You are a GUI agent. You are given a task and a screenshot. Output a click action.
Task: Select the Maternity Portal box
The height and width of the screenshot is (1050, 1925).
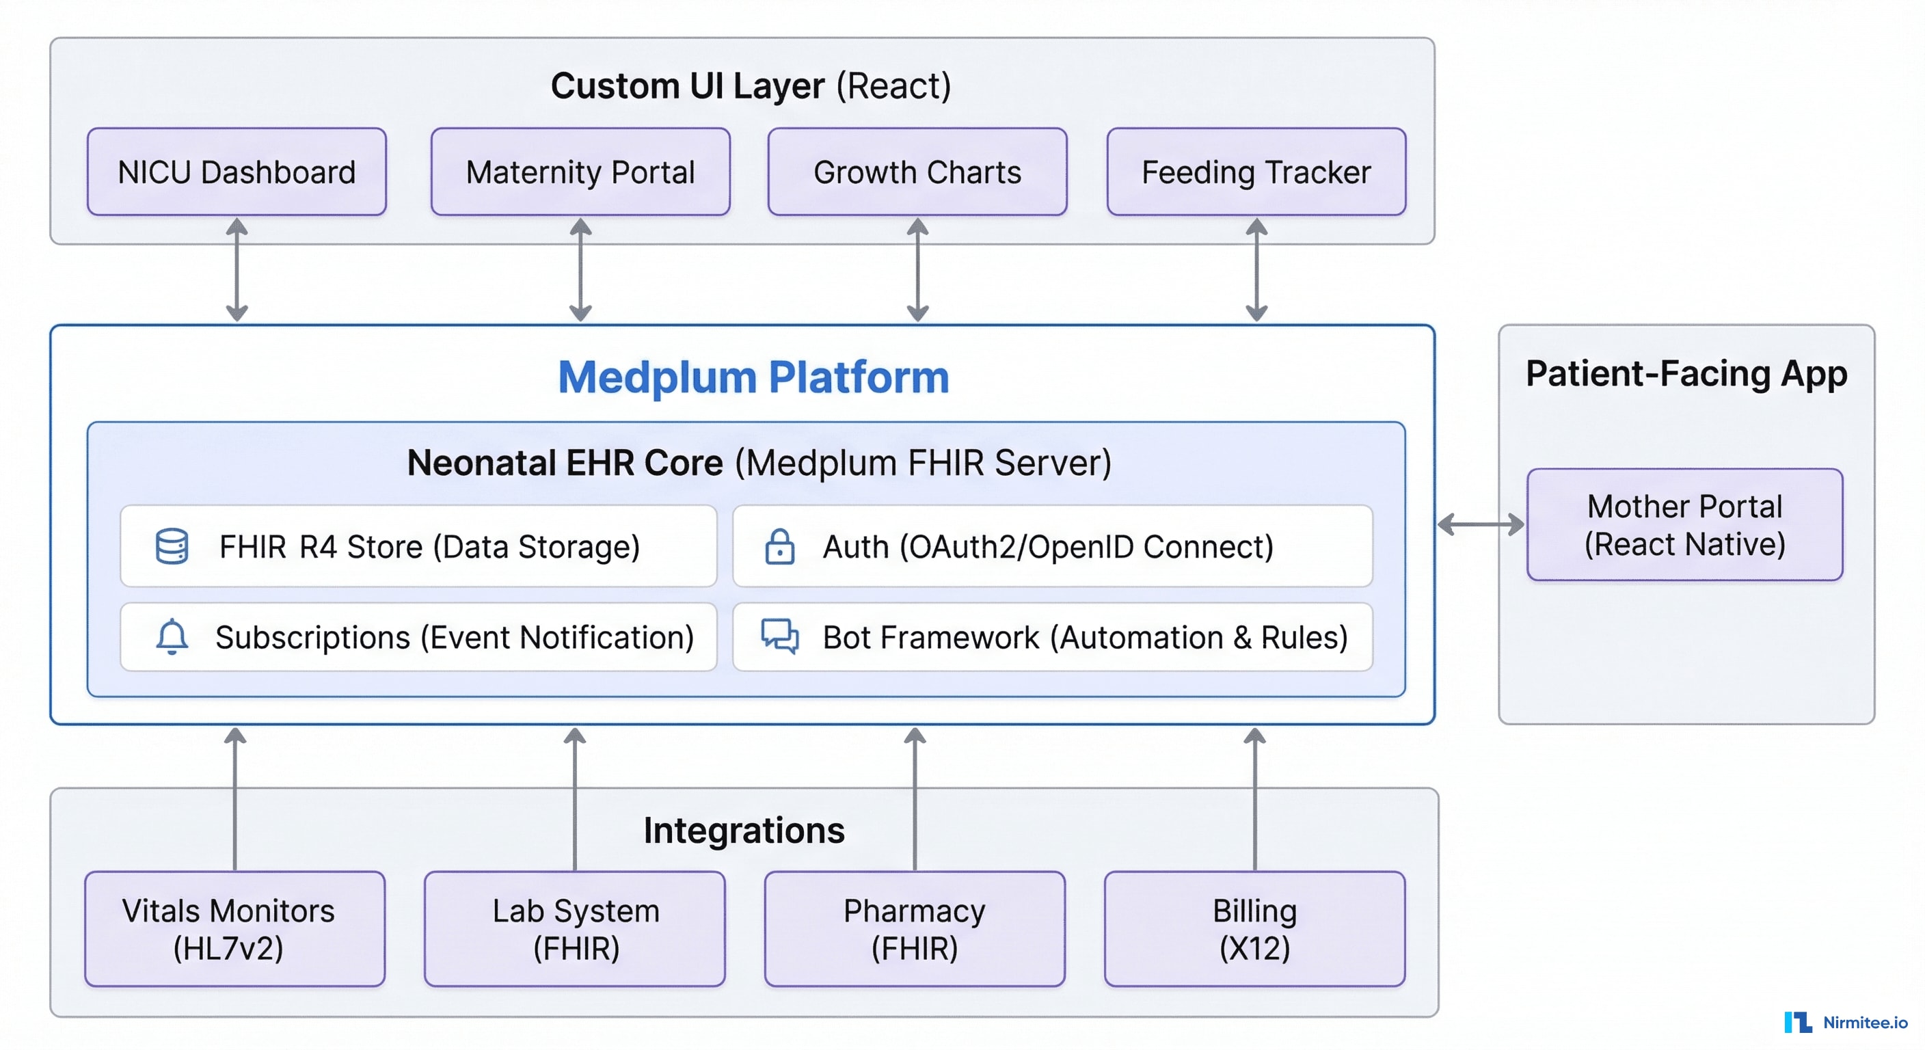(580, 172)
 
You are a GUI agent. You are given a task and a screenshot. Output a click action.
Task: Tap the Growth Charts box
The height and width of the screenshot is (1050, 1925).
(917, 172)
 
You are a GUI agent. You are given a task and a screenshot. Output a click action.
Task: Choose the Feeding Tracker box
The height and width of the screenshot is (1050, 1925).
(1256, 172)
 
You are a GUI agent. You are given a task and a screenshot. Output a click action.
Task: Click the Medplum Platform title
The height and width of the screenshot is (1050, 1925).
(753, 377)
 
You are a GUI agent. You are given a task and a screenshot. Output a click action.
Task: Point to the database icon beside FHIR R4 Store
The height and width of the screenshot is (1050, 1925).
(172, 546)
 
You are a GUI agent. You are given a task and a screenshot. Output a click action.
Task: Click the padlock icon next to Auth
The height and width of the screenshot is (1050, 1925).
(779, 546)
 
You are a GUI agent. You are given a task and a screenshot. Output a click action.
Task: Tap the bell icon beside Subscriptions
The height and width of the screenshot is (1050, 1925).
(172, 636)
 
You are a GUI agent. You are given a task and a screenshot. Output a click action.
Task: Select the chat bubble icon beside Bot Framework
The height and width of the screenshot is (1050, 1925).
(779, 636)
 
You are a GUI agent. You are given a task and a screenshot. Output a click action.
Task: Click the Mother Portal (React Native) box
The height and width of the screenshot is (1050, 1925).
(1684, 524)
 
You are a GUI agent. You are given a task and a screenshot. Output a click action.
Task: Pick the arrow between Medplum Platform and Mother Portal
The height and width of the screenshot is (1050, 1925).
(1481, 524)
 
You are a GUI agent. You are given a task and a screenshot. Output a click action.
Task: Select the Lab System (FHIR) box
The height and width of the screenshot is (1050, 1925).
(575, 929)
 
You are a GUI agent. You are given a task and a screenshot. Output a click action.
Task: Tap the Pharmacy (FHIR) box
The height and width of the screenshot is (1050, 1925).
(915, 929)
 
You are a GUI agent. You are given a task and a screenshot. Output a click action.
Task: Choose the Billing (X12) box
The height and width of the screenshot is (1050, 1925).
(1254, 929)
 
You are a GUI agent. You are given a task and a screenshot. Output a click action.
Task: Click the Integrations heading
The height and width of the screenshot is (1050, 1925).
(744, 831)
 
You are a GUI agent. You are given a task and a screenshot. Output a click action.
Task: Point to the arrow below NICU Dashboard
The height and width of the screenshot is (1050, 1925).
(237, 270)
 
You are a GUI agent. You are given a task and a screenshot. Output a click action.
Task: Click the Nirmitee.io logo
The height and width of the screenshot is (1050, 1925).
(1845, 1021)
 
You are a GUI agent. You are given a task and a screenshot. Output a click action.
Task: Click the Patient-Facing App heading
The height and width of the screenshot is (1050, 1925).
(1686, 374)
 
